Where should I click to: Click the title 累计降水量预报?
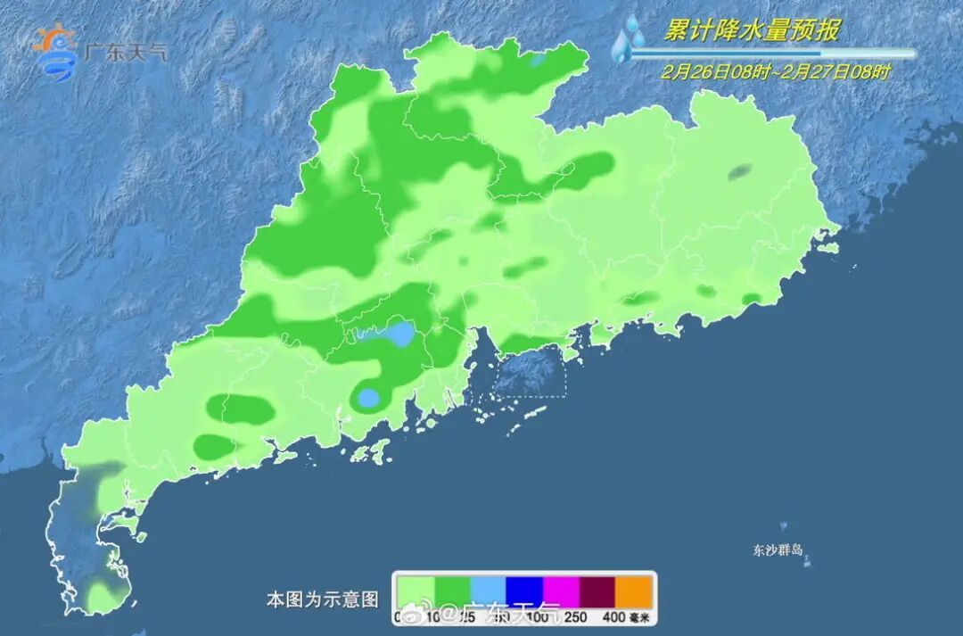click(752, 31)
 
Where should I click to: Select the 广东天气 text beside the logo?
click(124, 52)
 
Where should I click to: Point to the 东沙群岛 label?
click(778, 550)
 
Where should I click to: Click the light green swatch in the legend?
click(415, 591)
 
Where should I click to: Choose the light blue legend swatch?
click(488, 591)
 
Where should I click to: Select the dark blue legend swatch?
click(524, 591)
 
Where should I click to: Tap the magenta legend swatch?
click(561, 591)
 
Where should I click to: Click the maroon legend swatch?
click(597, 591)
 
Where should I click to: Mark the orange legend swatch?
click(634, 591)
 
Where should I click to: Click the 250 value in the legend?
click(575, 616)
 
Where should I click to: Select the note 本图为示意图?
click(323, 599)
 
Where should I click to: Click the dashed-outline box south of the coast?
click(531, 374)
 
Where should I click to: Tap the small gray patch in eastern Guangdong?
click(738, 173)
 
